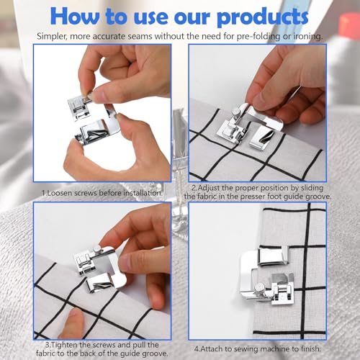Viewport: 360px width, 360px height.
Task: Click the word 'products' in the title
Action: (x=262, y=17)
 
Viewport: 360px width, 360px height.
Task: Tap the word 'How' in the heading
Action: (x=74, y=16)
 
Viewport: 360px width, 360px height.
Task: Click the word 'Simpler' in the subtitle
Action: (x=51, y=37)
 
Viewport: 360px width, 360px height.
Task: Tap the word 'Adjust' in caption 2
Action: (x=209, y=188)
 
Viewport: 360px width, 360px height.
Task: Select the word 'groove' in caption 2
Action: (x=318, y=197)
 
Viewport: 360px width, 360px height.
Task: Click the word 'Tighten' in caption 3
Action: (x=64, y=345)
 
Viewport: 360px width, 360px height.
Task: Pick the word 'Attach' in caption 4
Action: (x=212, y=348)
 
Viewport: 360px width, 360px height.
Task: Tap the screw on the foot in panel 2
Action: (x=236, y=112)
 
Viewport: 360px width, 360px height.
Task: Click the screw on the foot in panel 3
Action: (x=96, y=250)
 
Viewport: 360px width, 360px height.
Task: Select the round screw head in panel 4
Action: (x=259, y=287)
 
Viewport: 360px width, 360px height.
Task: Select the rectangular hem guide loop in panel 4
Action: (x=273, y=256)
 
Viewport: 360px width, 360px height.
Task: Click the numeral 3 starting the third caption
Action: (x=48, y=345)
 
